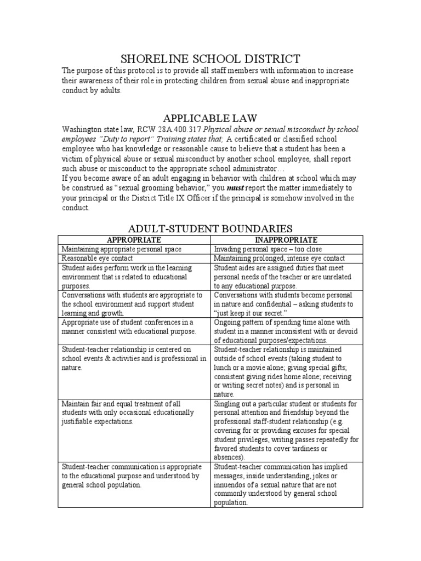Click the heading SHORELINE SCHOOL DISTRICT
click(210, 59)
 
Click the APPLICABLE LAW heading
click(210, 118)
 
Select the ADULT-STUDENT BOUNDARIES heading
click(210, 228)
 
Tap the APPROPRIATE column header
click(134, 240)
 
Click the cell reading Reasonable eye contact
click(98, 258)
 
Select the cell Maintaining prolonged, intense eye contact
click(279, 258)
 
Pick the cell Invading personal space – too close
click(268, 249)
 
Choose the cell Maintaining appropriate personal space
click(121, 249)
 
